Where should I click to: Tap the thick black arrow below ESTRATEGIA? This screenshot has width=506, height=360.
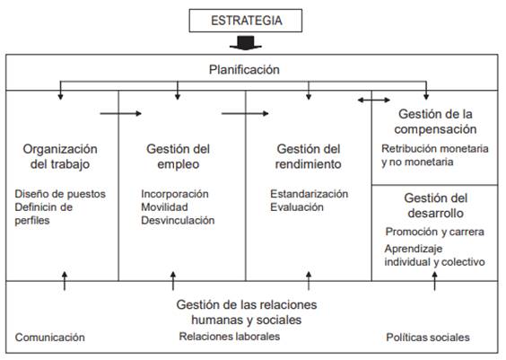click(x=246, y=43)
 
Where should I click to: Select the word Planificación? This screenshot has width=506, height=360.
click(x=244, y=70)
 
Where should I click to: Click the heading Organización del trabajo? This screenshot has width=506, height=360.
click(x=60, y=156)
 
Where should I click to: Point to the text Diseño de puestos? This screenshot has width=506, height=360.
click(x=60, y=194)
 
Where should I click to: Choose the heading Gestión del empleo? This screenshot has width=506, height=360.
click(x=179, y=156)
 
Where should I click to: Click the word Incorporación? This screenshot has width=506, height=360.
click(x=175, y=194)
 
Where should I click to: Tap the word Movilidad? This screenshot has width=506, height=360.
click(x=164, y=207)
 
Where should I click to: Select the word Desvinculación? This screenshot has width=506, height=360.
click(x=178, y=220)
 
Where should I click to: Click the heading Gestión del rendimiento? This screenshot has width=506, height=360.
click(x=309, y=156)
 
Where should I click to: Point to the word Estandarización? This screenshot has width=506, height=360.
click(x=310, y=194)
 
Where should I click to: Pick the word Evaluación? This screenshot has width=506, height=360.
click(x=297, y=207)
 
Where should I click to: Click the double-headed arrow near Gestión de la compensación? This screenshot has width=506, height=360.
click(x=374, y=100)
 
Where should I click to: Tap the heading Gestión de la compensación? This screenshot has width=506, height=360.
click(x=435, y=121)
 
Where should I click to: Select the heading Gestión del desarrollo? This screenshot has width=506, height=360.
click(x=436, y=206)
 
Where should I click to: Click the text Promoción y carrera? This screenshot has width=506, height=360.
click(x=435, y=232)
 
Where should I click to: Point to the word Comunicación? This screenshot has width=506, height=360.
click(x=50, y=338)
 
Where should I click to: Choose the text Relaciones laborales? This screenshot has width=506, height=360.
click(x=230, y=337)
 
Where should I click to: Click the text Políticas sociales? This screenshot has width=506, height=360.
click(x=428, y=338)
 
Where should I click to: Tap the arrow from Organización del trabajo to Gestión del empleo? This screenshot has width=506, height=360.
click(x=121, y=113)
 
